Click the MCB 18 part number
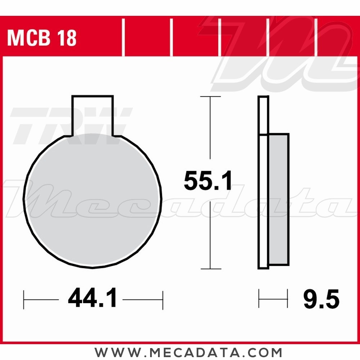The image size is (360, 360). pos(42,38)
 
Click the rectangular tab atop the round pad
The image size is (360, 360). pos(93,114)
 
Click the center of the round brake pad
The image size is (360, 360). pos(93,200)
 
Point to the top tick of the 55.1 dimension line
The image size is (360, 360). pos(210,97)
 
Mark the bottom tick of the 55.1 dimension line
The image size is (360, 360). pos(210,269)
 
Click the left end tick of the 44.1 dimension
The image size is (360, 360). pos(24,299)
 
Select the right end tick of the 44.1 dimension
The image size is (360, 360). pos(163,299)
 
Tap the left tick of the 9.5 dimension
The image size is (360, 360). pos(259,298)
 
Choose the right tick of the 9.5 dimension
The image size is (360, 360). pos(287,298)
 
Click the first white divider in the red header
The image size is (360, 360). pos(123,38)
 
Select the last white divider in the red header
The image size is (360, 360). pos(316,38)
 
